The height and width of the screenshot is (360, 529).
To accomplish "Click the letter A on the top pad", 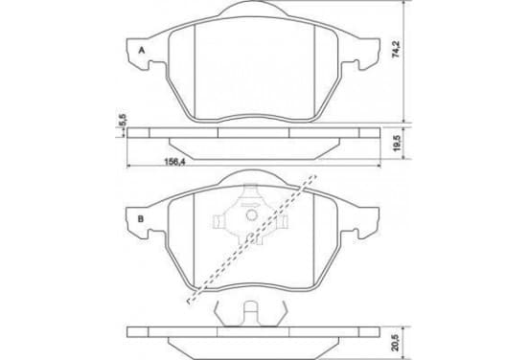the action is click(142, 51).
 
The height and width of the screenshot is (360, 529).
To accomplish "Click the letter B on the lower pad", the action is click(141, 219).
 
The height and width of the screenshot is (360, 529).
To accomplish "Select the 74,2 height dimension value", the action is click(396, 49).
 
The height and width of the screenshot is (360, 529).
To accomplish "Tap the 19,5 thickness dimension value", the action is click(397, 143).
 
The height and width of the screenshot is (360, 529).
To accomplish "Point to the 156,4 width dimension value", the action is click(174, 162).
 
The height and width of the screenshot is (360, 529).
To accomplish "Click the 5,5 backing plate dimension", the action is click(123, 120).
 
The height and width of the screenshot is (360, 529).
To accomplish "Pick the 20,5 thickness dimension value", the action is click(397, 343).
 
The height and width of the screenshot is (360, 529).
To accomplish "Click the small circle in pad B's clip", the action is click(251, 215).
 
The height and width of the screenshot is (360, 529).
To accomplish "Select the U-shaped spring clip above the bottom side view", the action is click(250, 313).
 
